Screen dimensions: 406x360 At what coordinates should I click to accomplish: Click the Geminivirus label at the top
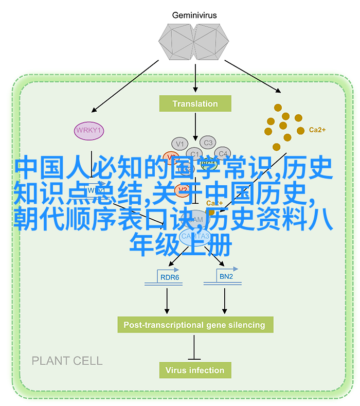click(x=195, y=15)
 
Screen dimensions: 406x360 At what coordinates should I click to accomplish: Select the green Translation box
click(x=195, y=104)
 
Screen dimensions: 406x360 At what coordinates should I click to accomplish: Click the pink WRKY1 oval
click(x=89, y=130)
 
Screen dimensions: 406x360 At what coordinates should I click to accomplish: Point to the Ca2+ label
click(x=317, y=130)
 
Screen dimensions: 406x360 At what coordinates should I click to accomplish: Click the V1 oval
click(x=179, y=144)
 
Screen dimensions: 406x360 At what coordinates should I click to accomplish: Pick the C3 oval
click(x=208, y=143)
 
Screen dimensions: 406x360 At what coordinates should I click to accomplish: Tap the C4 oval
click(x=222, y=153)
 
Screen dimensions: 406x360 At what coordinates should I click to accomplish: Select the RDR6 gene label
click(x=169, y=277)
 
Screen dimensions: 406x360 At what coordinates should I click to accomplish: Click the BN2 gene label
click(x=226, y=277)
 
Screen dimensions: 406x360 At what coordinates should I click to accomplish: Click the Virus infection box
click(x=195, y=370)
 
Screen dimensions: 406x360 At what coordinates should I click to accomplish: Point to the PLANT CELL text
click(x=67, y=361)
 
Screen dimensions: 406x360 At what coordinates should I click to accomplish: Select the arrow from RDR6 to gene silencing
click(x=167, y=301)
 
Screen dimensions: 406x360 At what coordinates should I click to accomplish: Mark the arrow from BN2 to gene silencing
click(x=224, y=301)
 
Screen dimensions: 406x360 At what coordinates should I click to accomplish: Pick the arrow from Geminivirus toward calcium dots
click(x=252, y=76)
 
